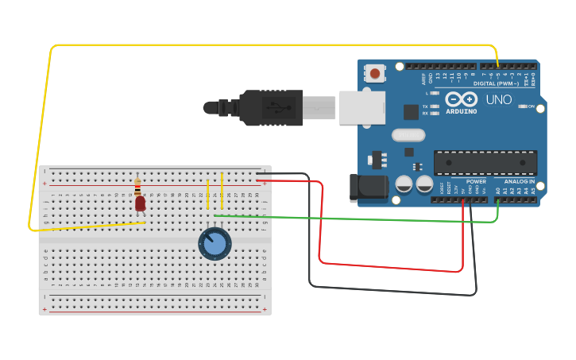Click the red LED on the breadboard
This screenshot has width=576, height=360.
click(x=141, y=203)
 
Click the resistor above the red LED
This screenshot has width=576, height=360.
click(x=137, y=187)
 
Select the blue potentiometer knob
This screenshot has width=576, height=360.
click(x=215, y=243)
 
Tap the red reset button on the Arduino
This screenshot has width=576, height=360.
click(x=375, y=74)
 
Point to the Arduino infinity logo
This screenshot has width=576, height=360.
click(x=461, y=99)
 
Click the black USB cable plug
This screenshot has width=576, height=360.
click(x=270, y=107)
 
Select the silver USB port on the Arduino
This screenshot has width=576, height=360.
click(x=361, y=107)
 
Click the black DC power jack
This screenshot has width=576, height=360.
click(x=369, y=188)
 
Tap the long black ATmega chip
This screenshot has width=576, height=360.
click(x=485, y=162)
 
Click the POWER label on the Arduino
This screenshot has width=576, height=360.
click(x=476, y=180)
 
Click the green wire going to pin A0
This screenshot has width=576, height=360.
click(x=358, y=218)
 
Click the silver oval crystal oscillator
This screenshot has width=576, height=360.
click(x=408, y=136)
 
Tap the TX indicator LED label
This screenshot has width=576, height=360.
click(x=426, y=106)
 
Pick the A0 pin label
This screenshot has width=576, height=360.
click(x=498, y=191)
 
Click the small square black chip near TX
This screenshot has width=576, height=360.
click(x=411, y=112)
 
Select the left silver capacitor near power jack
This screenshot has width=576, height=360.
click(x=404, y=184)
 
